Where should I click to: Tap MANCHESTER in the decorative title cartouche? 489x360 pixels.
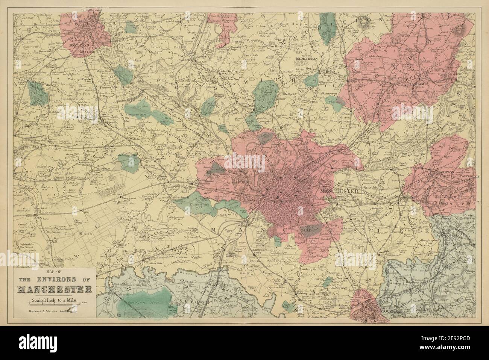[55, 289]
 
